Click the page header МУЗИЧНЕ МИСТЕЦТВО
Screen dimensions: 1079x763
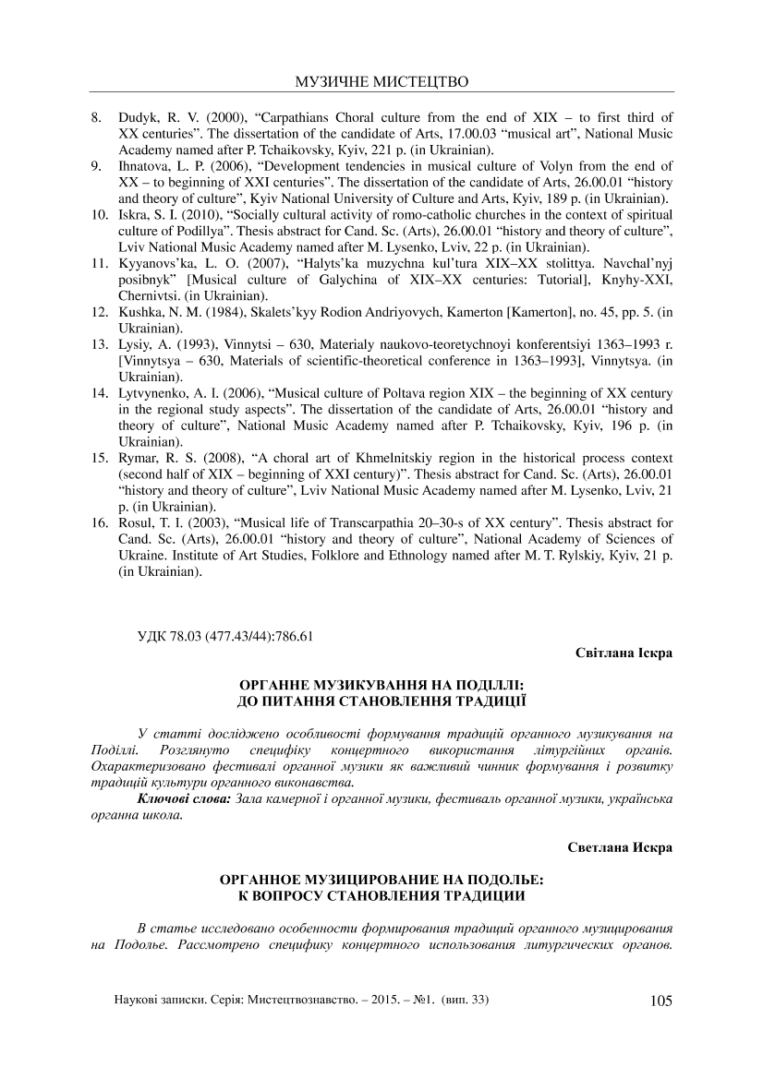pos(381,83)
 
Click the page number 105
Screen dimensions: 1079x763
pos(662,1001)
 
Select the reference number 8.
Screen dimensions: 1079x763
pos(95,118)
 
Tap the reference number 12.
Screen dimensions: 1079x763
pos(98,314)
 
